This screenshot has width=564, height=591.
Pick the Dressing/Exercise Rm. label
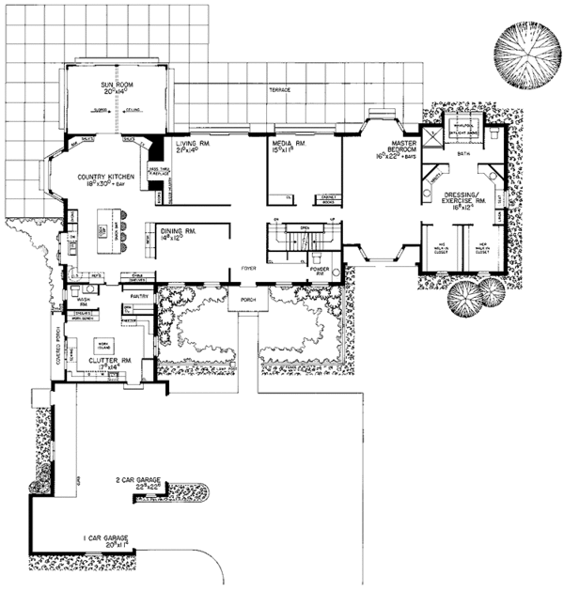coord(463,199)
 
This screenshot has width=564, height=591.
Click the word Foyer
coord(247,267)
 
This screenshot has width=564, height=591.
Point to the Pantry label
coord(141,295)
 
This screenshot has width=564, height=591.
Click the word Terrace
coord(279,89)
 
